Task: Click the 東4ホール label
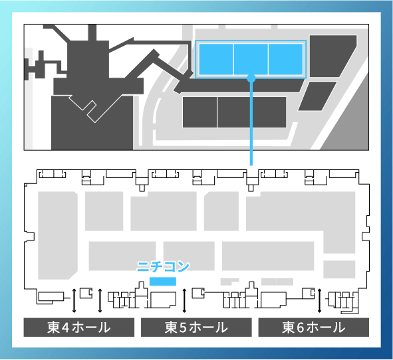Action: pos(79,327)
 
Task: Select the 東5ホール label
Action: pos(196,327)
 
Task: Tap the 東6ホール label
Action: pos(314,327)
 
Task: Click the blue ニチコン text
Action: pos(163,266)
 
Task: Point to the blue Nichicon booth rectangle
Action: pos(163,282)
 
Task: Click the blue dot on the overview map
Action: pos(251,78)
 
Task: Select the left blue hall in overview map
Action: pos(216,59)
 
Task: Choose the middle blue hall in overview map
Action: pos(251,59)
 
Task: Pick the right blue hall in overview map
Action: pos(286,59)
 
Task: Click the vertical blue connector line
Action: pos(251,122)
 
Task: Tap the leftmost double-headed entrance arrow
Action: pos(74,301)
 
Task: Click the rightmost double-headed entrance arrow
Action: pos(319,301)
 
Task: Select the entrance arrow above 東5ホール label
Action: pos(184,301)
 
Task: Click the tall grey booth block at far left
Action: pos(58,235)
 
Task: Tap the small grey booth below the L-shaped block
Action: pos(339,270)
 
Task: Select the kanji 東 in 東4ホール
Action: pos(53,327)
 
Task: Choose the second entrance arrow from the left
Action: pos(100,301)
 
